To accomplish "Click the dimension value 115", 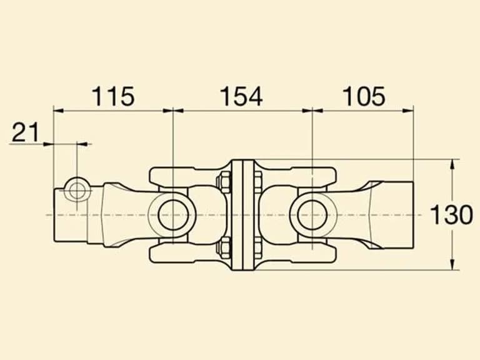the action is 113,96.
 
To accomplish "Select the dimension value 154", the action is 241,96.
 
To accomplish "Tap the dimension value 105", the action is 364,96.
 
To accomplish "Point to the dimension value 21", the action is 26,132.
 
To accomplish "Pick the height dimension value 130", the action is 451,214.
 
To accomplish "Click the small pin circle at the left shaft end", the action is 76,191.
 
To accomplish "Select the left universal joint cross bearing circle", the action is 173,214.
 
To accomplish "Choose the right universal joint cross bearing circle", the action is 312,214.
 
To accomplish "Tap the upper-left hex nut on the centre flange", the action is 224,182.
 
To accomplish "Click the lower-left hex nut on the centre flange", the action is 224,247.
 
